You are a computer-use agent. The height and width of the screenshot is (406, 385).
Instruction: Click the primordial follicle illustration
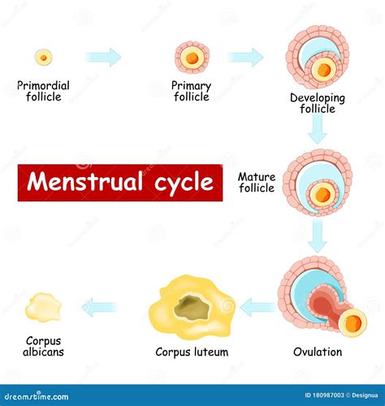44,57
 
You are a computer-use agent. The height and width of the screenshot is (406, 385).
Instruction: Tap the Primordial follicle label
43,91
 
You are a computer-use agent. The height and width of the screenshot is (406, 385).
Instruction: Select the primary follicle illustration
192,57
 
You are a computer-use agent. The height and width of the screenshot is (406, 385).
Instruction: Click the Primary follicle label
191,91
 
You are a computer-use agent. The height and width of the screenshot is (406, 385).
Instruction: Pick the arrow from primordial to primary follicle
104,57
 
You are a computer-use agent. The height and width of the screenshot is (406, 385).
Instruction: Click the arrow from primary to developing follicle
245,57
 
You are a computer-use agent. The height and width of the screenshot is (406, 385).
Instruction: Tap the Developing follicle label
318,103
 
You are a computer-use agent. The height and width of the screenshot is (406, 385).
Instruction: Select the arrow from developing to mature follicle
318,129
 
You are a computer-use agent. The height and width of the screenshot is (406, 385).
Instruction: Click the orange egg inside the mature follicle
323,194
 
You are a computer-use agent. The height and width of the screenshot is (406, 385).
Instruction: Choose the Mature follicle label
256,183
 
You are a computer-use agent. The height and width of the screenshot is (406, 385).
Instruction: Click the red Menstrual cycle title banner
120,183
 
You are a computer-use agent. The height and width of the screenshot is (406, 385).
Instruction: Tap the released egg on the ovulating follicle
352,323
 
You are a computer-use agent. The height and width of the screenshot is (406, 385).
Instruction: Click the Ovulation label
318,352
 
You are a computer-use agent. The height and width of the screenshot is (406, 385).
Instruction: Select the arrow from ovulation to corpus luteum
258,307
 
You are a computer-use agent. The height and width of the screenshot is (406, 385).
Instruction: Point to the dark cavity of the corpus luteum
192,307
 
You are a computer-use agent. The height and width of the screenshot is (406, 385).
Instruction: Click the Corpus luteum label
192,352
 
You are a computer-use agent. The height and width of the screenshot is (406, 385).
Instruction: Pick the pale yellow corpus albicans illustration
43,307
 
